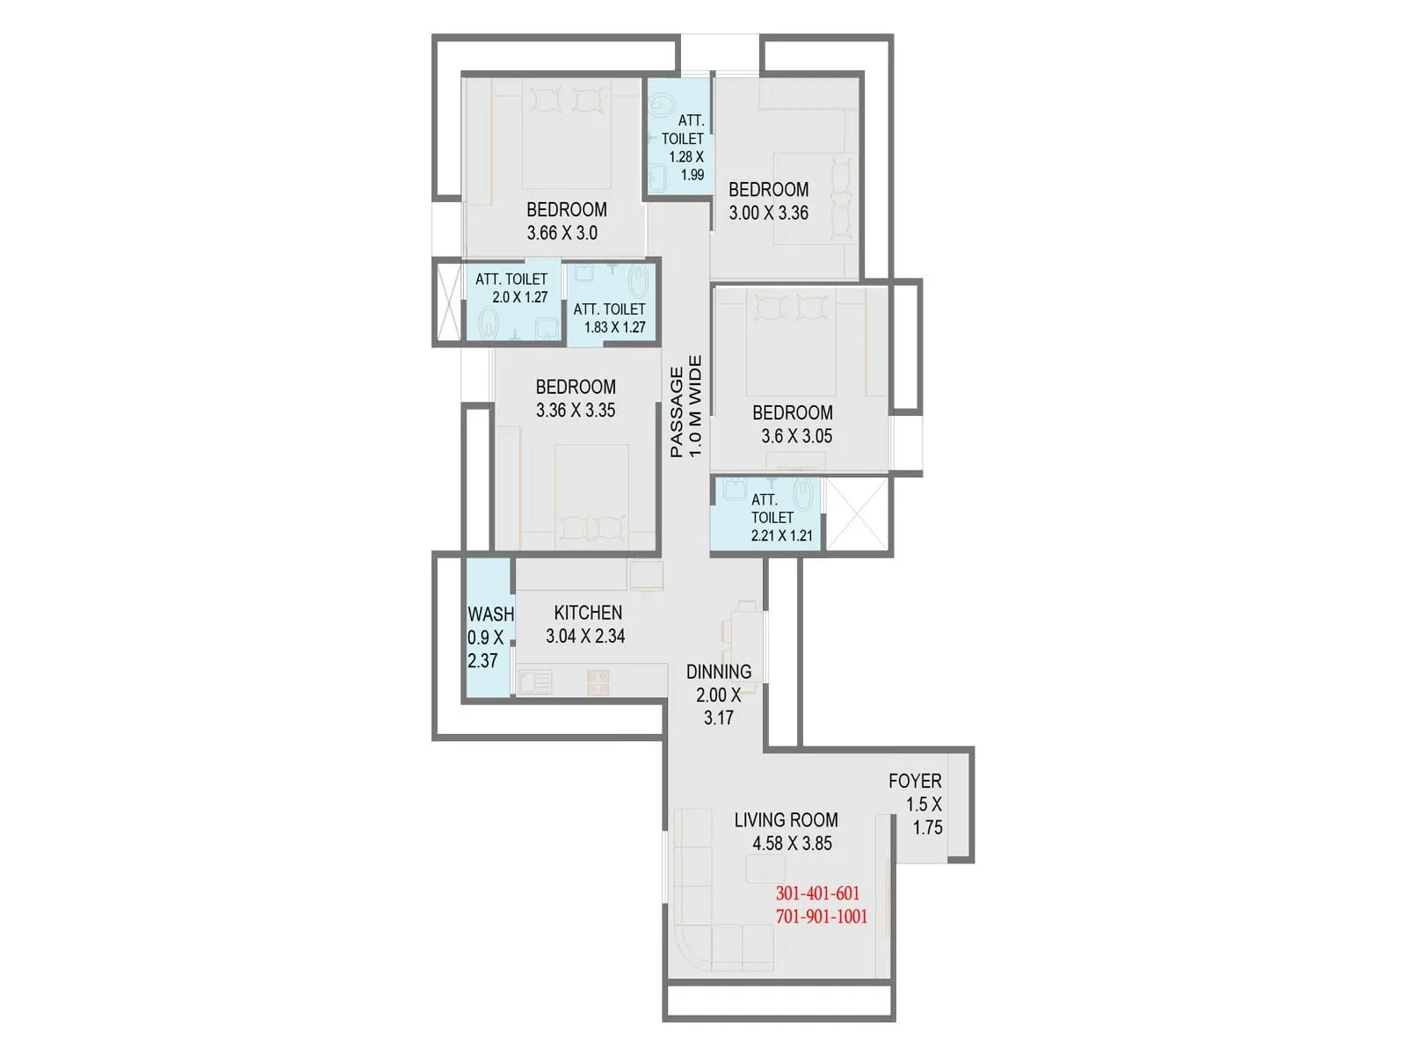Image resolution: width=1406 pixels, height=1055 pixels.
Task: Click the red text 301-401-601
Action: point(817,893)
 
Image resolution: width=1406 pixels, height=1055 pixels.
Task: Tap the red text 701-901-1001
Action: point(821,916)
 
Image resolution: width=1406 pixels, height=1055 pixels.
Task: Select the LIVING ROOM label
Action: point(786,820)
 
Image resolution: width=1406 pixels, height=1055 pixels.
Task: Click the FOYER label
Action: point(915,781)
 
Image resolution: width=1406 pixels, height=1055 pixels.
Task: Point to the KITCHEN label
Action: point(588,613)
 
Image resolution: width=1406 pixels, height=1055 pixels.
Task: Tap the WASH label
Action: point(490,615)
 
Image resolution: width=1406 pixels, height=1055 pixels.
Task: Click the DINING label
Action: point(719,672)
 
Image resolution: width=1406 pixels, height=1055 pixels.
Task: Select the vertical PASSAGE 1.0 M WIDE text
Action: point(685,406)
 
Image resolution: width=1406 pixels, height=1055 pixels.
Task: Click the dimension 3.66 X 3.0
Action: point(562,233)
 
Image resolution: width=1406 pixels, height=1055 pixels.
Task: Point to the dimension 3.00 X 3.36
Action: point(768,213)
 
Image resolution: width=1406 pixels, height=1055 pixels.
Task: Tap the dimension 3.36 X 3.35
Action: point(576,410)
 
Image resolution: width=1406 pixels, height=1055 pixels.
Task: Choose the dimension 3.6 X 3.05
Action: point(796,436)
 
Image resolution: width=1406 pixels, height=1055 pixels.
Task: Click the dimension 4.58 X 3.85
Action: point(792,843)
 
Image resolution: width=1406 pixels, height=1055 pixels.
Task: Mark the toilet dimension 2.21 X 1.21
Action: point(781,535)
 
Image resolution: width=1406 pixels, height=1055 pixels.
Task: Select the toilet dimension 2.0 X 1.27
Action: point(519,297)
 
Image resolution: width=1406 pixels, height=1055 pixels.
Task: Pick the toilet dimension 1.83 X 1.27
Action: point(614,327)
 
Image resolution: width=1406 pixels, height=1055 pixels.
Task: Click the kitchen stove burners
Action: point(598,680)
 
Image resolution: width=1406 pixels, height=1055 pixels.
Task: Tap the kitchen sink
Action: point(534,681)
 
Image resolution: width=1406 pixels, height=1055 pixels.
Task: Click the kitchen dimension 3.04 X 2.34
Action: point(585,636)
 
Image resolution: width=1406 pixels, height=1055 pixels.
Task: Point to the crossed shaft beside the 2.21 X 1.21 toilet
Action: point(857,515)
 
